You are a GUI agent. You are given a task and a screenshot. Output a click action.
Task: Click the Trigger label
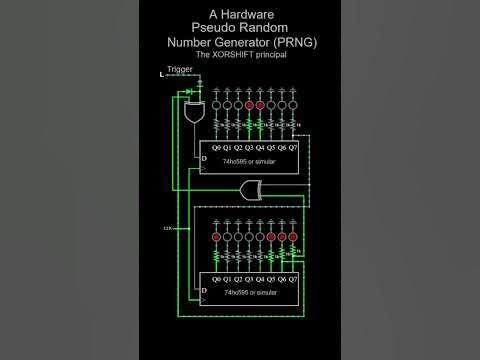[180, 70]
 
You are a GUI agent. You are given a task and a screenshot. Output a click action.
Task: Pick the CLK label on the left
[167, 228]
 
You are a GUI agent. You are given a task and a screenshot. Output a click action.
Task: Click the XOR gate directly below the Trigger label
[193, 112]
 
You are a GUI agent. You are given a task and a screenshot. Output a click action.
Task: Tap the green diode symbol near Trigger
[190, 91]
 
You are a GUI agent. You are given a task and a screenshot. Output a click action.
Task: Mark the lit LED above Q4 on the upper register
[261, 104]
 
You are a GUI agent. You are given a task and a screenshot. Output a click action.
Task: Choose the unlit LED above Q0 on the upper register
[215, 104]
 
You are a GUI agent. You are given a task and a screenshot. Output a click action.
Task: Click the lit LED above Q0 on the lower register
[215, 236]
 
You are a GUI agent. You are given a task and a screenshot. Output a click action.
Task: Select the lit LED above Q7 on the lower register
[295, 236]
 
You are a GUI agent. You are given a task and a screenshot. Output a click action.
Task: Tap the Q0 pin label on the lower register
[215, 279]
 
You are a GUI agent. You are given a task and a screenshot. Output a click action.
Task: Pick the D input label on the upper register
[205, 159]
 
